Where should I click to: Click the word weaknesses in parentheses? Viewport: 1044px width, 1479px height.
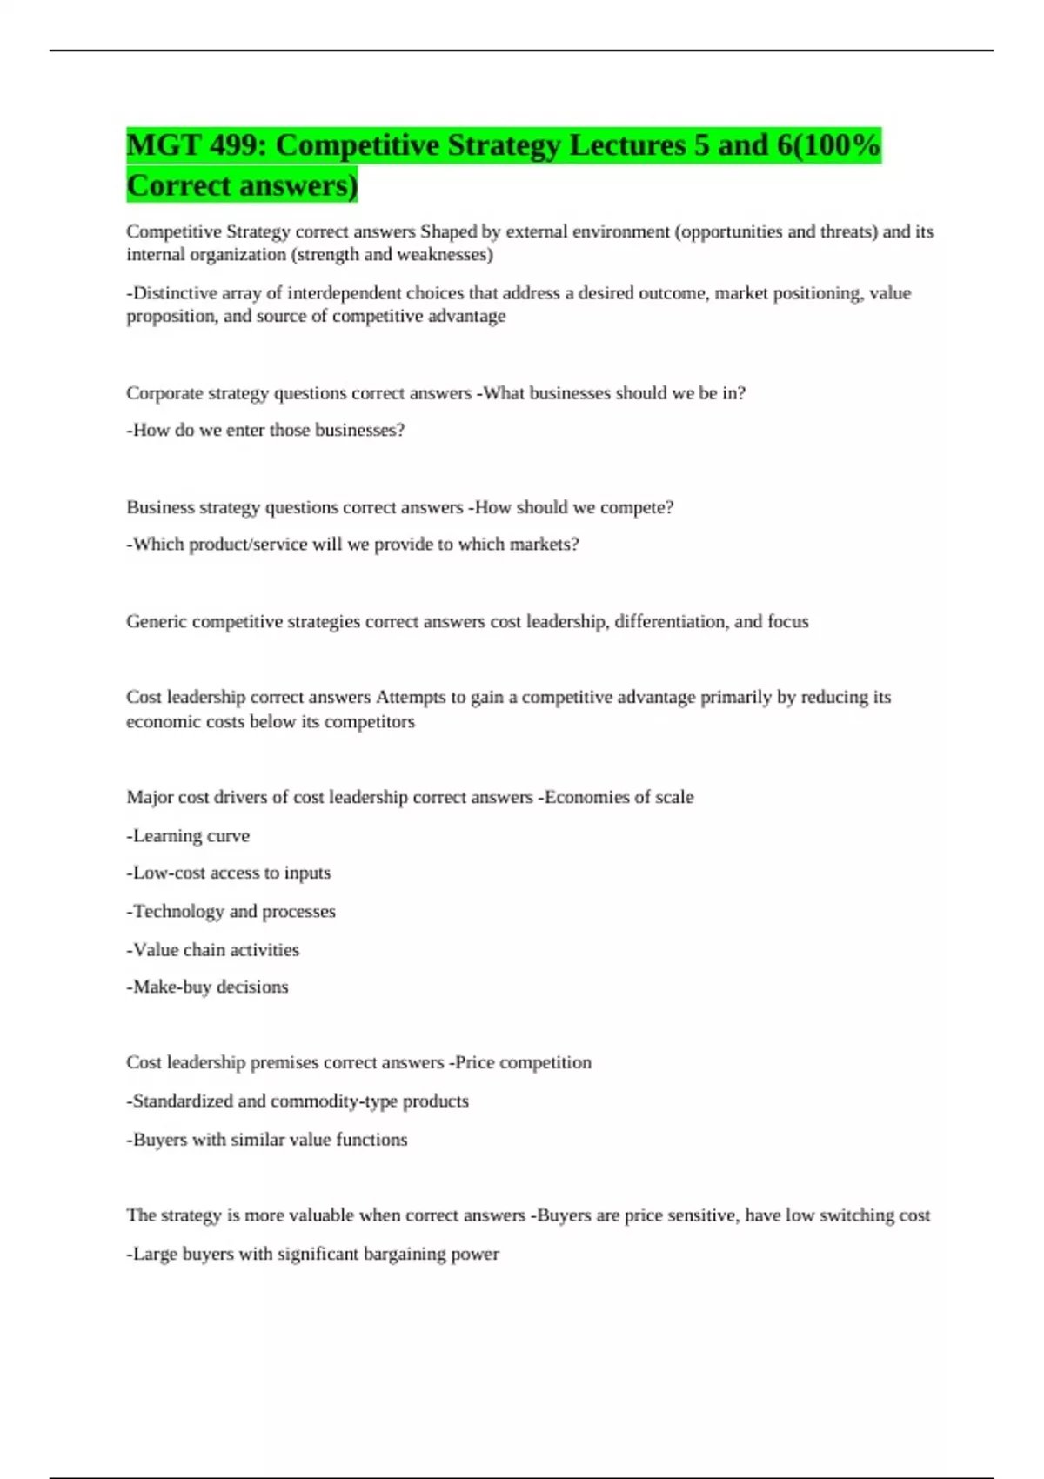pyautogui.click(x=444, y=255)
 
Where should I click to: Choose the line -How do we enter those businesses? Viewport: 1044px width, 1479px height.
pyautogui.click(x=265, y=430)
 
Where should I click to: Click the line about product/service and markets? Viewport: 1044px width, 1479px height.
pyautogui.click(x=352, y=545)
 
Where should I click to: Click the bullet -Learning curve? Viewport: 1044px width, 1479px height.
pyautogui.click(x=188, y=836)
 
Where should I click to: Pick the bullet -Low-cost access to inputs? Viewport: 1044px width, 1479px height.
pyautogui.click(x=228, y=873)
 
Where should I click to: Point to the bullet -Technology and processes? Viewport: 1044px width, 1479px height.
pyautogui.click(x=231, y=912)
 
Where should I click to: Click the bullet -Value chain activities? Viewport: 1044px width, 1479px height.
pyautogui.click(x=212, y=950)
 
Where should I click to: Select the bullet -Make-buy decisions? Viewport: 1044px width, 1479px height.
pyautogui.click(x=207, y=987)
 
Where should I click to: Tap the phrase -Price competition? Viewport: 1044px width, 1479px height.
pyautogui.click(x=520, y=1062)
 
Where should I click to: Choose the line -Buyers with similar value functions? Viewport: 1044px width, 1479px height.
pyautogui.click(x=266, y=1140)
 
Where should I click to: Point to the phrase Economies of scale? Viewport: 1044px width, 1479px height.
pyautogui.click(x=619, y=797)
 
